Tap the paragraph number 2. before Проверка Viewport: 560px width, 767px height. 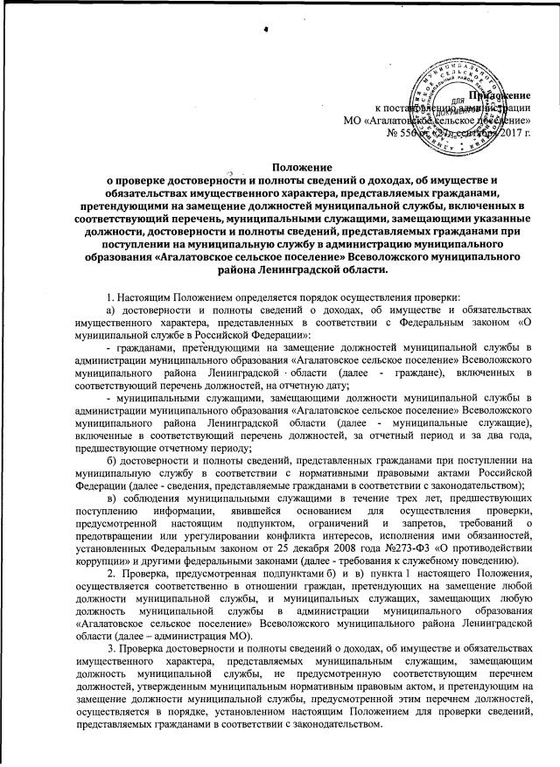tap(110, 573)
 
